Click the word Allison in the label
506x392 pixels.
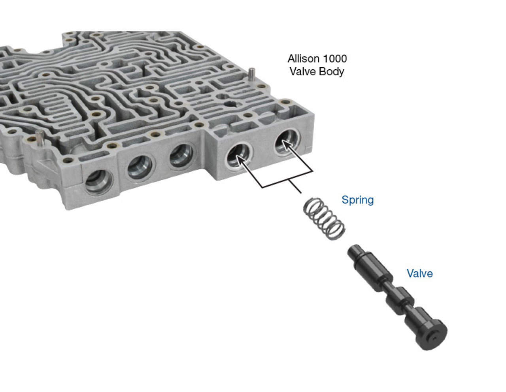(302, 59)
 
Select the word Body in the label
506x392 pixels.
(331, 71)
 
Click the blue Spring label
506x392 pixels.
(357, 200)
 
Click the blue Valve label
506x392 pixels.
(419, 273)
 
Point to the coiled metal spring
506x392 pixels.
(324, 219)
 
